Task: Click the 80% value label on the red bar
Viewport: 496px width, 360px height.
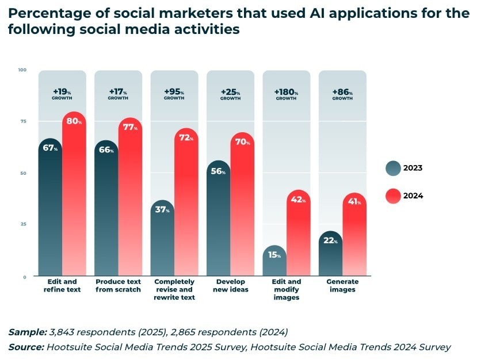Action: click(74, 121)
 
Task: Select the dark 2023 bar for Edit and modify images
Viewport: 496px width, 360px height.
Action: click(274, 262)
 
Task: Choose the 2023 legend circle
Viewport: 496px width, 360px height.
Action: click(393, 168)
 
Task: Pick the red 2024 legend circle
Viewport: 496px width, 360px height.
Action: click(393, 196)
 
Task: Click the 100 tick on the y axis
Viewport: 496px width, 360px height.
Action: click(22, 70)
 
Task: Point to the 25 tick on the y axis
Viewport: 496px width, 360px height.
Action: click(24, 224)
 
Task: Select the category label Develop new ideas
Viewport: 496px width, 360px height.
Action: click(230, 285)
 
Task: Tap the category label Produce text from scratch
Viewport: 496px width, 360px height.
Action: click(118, 285)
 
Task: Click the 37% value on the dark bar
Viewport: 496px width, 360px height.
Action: click(162, 210)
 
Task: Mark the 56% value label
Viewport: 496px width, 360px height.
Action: click(218, 171)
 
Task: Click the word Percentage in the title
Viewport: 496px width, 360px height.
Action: click(44, 13)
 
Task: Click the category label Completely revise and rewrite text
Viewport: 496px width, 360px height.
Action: click(174, 289)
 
